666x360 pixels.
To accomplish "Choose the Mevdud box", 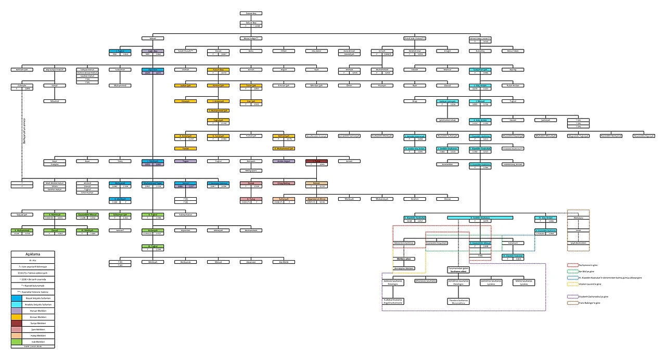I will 54,101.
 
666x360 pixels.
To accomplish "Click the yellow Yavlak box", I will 185,148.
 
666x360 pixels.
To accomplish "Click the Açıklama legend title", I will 33,254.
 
